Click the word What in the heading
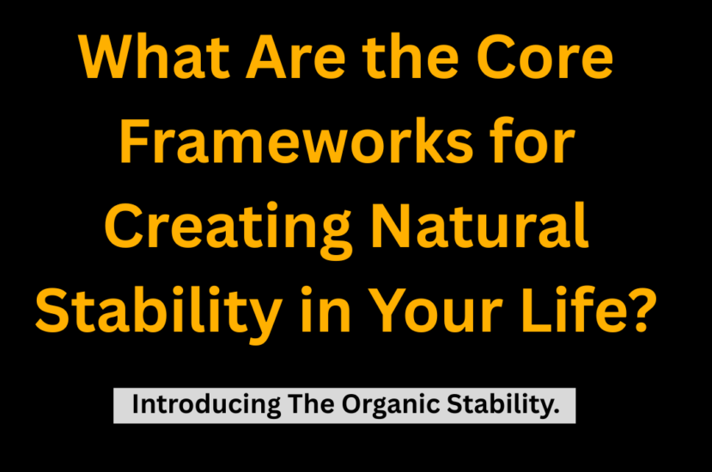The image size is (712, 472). [x=154, y=57]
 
